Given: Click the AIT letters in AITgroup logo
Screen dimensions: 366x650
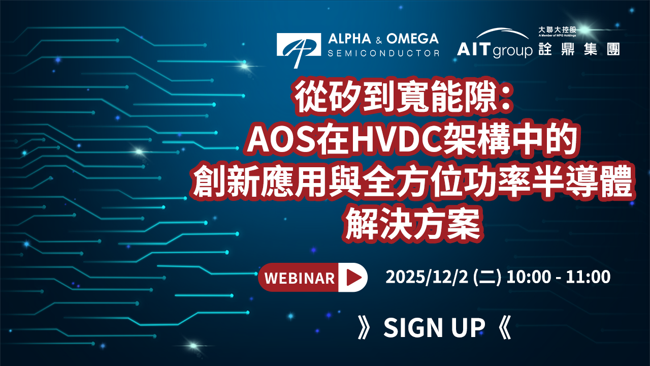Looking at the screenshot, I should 474,49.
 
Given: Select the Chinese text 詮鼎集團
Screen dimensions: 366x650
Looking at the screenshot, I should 579,49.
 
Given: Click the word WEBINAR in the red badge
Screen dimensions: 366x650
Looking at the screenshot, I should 300,278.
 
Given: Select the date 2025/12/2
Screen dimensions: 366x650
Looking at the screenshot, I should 427,277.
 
